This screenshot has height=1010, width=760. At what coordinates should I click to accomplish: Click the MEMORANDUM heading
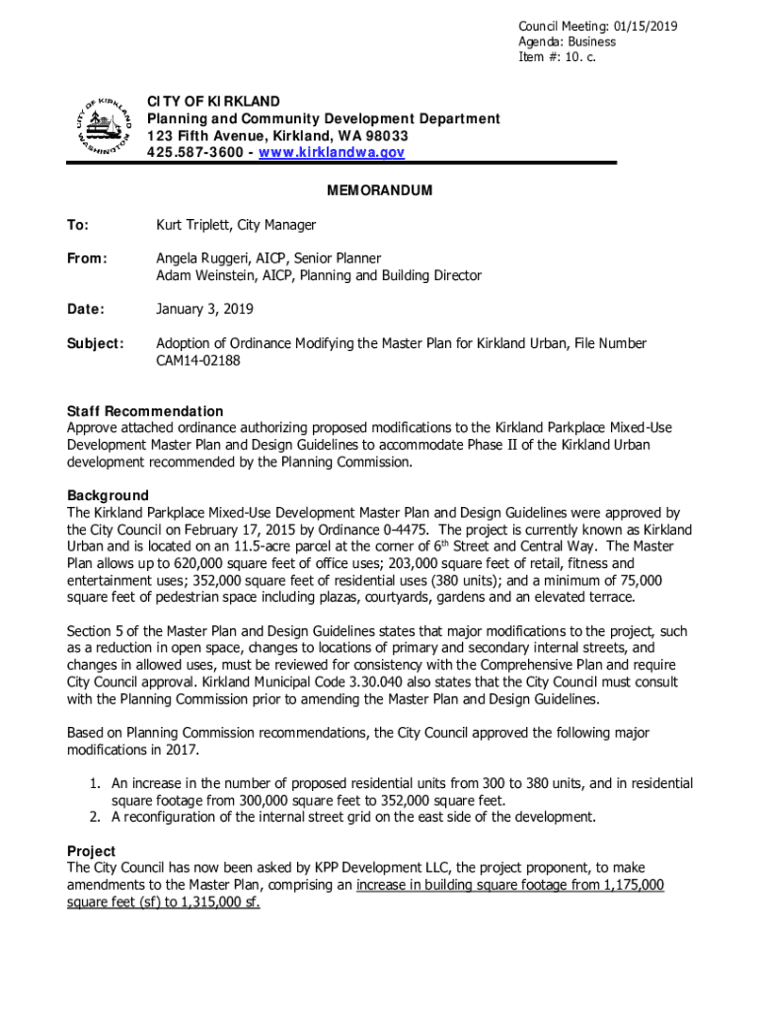click(x=381, y=190)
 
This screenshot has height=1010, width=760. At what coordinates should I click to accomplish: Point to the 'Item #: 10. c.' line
click(x=558, y=57)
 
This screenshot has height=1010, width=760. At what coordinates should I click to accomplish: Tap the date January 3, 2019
click(x=204, y=309)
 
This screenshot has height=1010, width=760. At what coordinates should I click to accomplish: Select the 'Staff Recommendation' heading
click(x=145, y=410)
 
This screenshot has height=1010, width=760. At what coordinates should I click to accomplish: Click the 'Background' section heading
click(x=108, y=495)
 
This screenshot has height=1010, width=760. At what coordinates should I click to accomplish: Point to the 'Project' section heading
click(x=91, y=850)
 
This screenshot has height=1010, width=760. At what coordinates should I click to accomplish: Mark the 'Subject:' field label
click(x=95, y=343)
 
